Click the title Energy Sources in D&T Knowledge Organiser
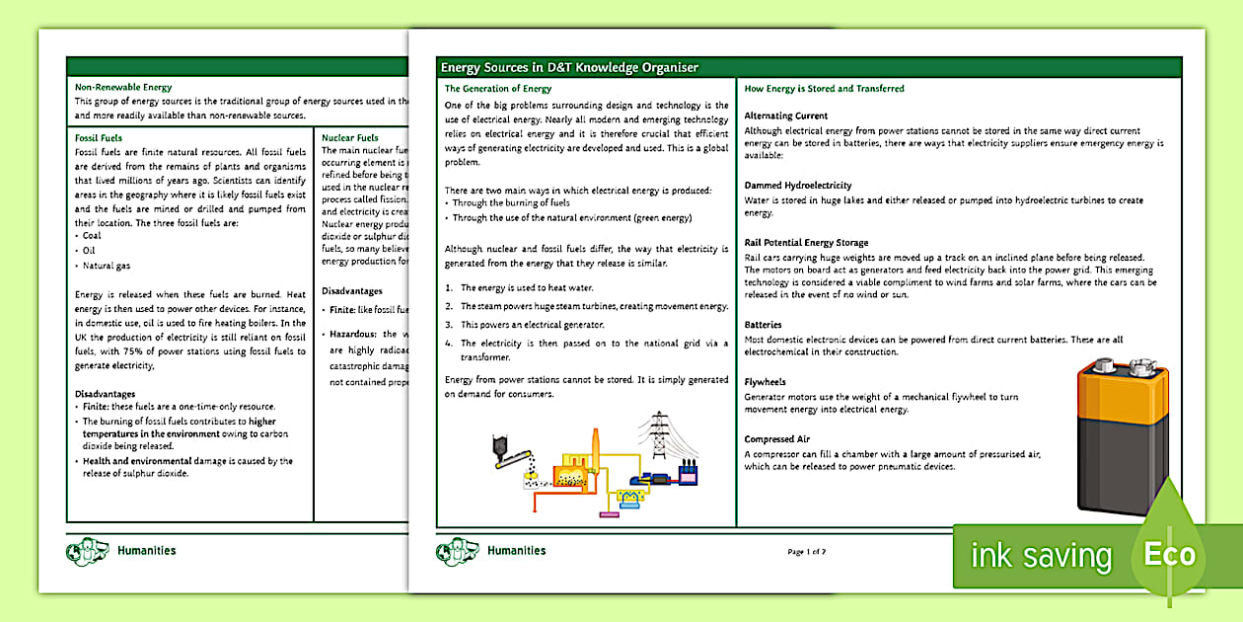[x=569, y=67]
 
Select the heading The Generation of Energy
[x=497, y=89]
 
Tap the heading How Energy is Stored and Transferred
[x=824, y=89]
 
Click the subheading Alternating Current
[x=785, y=117]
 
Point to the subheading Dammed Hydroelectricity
[x=797, y=186]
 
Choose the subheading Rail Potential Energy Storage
[x=806, y=242]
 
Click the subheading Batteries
[x=763, y=325]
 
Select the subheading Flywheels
[x=767, y=382]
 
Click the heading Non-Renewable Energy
[x=123, y=88]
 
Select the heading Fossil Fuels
[x=99, y=138]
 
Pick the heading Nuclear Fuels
[x=350, y=138]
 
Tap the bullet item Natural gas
[x=107, y=266]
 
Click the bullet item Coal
[x=92, y=236]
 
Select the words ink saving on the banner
[x=1041, y=557]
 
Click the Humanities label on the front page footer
[x=516, y=551]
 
